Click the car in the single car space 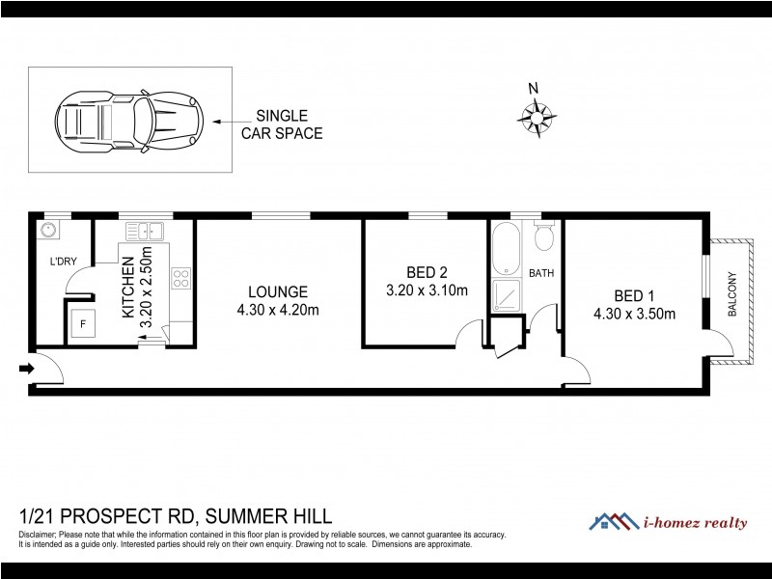tap(129, 122)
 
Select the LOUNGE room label tap(277, 291)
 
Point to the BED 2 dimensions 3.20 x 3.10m tap(427, 289)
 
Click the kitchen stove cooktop tap(180, 278)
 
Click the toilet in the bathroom tap(544, 235)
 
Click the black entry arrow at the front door tap(23, 368)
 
